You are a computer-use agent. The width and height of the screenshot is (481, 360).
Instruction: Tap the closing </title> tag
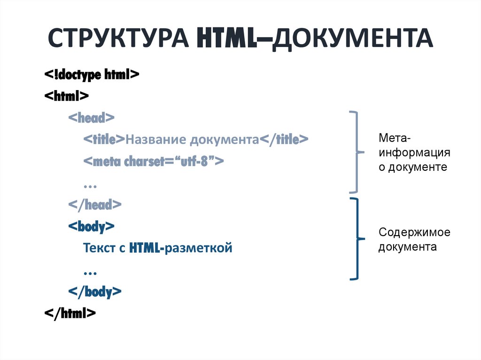(284, 139)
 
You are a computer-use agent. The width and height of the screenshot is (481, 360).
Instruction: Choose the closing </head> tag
(95, 205)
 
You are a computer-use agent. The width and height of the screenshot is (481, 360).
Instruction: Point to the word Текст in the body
(100, 247)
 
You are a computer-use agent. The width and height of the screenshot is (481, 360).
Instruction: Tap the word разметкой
(198, 247)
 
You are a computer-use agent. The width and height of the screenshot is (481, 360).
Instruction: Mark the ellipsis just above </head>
(90, 185)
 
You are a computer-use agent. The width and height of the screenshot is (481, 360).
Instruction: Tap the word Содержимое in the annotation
(414, 232)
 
